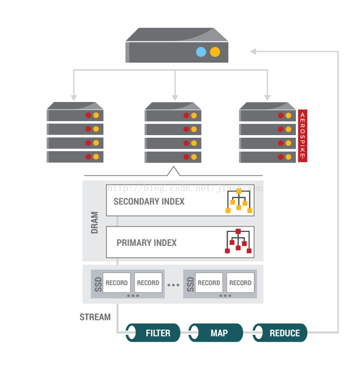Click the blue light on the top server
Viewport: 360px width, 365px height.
pyautogui.click(x=201, y=52)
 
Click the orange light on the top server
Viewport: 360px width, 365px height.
pyautogui.click(x=215, y=52)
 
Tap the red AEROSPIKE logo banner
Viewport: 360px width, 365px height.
pyautogui.click(x=303, y=136)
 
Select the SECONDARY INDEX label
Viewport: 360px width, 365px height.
pyautogui.click(x=149, y=201)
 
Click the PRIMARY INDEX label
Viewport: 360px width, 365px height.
pyautogui.click(x=146, y=242)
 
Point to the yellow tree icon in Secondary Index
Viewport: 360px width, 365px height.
pyautogui.click(x=238, y=201)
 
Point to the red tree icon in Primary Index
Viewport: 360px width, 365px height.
pyautogui.click(x=238, y=241)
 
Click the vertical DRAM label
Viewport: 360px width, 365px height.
pyautogui.click(x=95, y=222)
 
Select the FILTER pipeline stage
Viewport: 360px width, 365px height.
pyautogui.click(x=154, y=333)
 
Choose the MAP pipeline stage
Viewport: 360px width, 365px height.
pyautogui.click(x=216, y=333)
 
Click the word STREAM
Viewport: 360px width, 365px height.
pyautogui.click(x=95, y=317)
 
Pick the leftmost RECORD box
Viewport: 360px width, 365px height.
pyautogui.click(x=116, y=283)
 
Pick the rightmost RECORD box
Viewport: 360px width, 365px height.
pyautogui.click(x=240, y=283)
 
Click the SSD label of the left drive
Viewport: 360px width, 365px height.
pyautogui.click(x=97, y=284)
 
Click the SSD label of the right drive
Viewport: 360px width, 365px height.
pyautogui.click(x=189, y=284)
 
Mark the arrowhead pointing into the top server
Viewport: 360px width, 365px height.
pyautogui.click(x=253, y=51)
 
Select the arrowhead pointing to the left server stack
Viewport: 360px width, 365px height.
pyautogui.click(x=74, y=97)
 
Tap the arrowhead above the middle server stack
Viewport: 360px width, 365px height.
pyautogui.click(x=175, y=97)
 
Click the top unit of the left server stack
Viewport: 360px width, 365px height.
pyautogui.click(x=76, y=115)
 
